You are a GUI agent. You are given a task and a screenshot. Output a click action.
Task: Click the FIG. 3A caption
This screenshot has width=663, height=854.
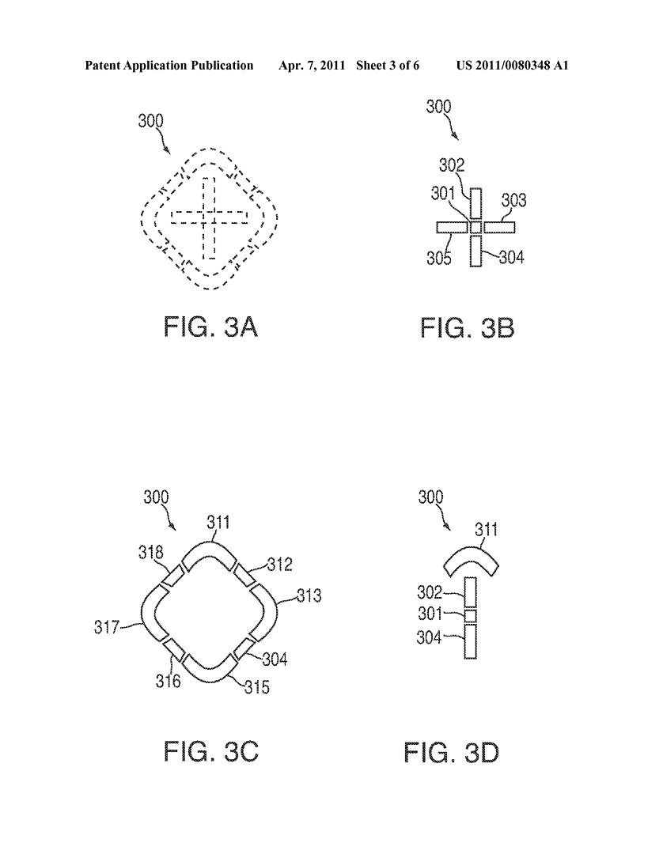click(x=210, y=328)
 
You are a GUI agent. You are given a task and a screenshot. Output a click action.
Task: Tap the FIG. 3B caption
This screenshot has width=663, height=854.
click(x=467, y=328)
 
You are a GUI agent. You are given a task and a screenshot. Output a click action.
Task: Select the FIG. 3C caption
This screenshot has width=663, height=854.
click(x=210, y=752)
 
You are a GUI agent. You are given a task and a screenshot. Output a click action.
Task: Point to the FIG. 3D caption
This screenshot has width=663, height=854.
click(x=451, y=753)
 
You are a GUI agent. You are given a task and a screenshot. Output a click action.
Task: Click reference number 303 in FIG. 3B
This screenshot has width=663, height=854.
click(x=513, y=200)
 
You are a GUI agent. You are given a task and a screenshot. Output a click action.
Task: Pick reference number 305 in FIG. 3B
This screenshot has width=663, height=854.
click(x=439, y=257)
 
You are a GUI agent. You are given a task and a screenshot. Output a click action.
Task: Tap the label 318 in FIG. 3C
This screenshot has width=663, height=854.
click(x=151, y=552)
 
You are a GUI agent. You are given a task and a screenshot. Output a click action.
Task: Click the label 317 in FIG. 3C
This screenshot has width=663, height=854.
click(x=106, y=627)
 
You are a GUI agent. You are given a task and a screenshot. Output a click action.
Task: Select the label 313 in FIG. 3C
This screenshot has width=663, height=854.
click(x=309, y=595)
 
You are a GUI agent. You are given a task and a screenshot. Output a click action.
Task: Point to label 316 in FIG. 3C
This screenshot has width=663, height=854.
click(x=168, y=681)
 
